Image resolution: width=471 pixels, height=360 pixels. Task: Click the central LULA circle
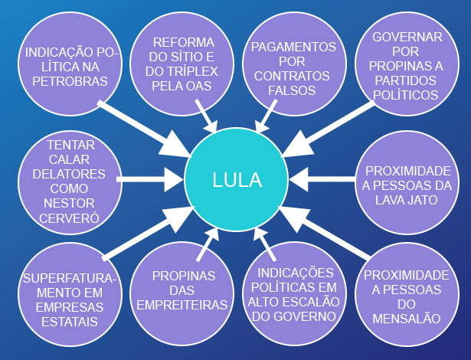(237, 180)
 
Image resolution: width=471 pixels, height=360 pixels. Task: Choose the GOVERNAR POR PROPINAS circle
(407, 67)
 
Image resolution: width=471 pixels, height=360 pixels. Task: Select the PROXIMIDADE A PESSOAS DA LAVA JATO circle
(407, 185)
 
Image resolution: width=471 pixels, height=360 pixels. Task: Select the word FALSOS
(291, 90)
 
